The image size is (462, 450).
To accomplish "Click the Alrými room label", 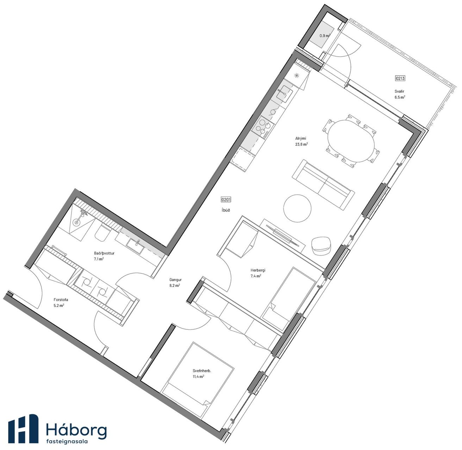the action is coord(301,139).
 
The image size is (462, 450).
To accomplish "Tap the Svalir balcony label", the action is coord(399,91).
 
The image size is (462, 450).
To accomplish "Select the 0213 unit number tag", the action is coord(400,78).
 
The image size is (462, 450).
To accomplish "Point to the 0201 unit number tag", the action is coord(226,200).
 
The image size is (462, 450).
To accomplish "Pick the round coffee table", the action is coord(297,208).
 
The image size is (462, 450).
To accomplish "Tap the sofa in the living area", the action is coord(323,185).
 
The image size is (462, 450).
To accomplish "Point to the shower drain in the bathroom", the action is coord(76,222).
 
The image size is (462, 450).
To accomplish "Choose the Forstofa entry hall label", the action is coord(61,300).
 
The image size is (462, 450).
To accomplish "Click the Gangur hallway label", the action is coord(175,279).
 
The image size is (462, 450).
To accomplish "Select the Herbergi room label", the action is coord(258,270).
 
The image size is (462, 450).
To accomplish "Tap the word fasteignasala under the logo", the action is coord(67,441).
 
